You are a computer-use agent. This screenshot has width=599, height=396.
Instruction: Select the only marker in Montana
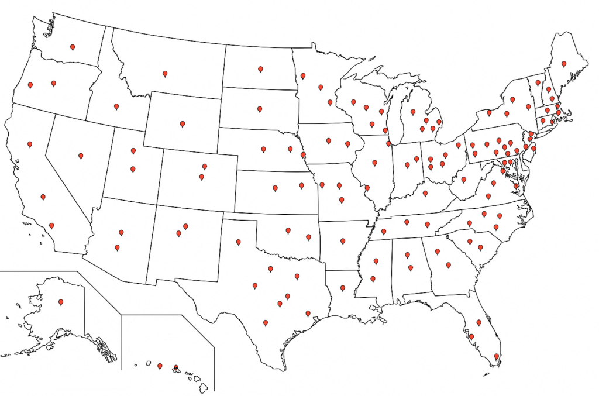(x=165, y=74)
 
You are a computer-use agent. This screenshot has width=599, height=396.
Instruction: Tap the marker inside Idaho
(x=116, y=106)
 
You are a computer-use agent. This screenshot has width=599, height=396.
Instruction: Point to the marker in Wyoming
(x=183, y=124)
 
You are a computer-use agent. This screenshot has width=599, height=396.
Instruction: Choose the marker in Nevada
(x=81, y=156)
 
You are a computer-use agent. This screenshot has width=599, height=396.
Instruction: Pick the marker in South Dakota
(x=260, y=109)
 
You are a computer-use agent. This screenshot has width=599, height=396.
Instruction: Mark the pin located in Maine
(x=564, y=64)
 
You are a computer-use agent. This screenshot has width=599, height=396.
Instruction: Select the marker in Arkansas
(x=343, y=241)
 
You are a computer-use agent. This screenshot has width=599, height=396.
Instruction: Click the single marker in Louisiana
(x=343, y=288)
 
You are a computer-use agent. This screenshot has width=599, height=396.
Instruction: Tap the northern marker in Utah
(x=133, y=151)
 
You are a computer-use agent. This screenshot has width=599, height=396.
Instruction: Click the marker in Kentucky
(x=425, y=194)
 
